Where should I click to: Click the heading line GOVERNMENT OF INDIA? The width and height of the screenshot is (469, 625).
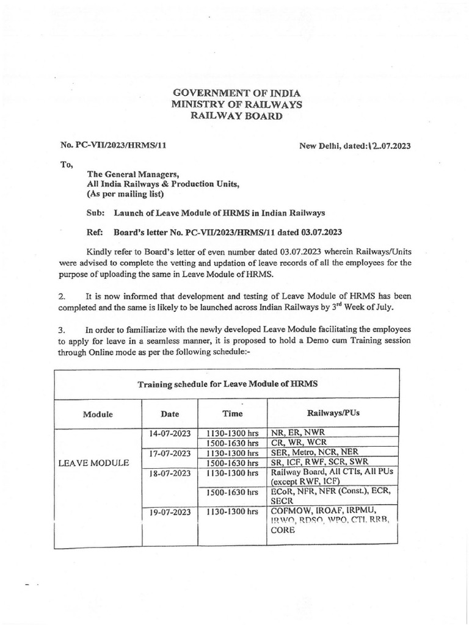pos(237,93)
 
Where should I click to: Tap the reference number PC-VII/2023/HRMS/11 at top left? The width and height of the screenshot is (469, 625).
pos(114,145)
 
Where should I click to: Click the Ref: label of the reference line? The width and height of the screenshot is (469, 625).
pos(96,232)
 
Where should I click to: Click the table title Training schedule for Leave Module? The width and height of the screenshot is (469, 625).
pos(227,384)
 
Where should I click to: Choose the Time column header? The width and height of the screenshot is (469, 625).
pos(233,414)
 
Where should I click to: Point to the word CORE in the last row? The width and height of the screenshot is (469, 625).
pos(283,530)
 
